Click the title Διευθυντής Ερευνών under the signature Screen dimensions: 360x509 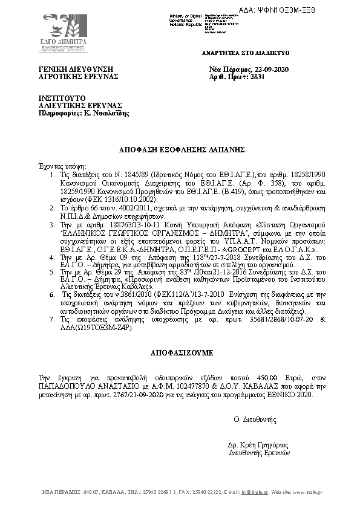point(260,452)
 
